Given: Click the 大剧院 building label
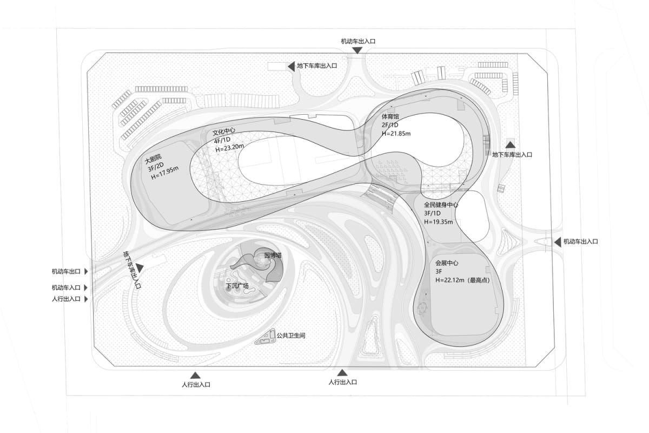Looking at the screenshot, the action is pyautogui.click(x=153, y=159).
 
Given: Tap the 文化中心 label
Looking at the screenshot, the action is pyautogui.click(x=224, y=132).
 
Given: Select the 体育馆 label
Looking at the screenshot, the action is pyautogui.click(x=390, y=116).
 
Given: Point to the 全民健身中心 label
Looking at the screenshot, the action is pyautogui.click(x=441, y=205).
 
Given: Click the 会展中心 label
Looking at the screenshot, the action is pyautogui.click(x=447, y=263).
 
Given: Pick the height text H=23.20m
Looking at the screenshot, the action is pyautogui.click(x=229, y=148).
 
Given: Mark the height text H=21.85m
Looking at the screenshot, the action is pyautogui.click(x=396, y=134).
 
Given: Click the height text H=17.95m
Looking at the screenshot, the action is pyautogui.click(x=164, y=173).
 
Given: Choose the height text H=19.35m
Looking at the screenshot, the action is pyautogui.click(x=439, y=222).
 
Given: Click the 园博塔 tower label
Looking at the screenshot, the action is pyautogui.click(x=273, y=255).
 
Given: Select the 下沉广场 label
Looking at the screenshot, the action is pyautogui.click(x=237, y=286).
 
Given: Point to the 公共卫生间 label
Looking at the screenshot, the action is pyautogui.click(x=291, y=336).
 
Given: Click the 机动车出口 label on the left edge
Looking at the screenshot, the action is pyautogui.click(x=66, y=272).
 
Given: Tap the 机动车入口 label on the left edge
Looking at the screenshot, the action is pyautogui.click(x=66, y=288).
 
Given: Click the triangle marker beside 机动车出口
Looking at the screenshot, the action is pyautogui.click(x=86, y=272).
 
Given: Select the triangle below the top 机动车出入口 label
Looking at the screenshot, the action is pyautogui.click(x=357, y=50).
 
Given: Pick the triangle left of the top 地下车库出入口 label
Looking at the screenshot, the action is pyautogui.click(x=291, y=66).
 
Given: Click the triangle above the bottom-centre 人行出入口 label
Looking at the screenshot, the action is pyautogui.click(x=342, y=373).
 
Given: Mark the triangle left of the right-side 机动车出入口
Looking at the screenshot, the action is pyautogui.click(x=558, y=242).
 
